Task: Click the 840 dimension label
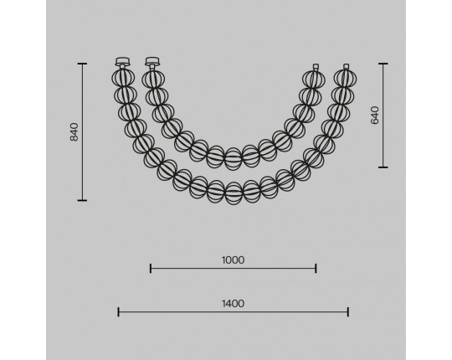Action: click(74, 132)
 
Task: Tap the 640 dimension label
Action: click(374, 115)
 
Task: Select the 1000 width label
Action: click(233, 260)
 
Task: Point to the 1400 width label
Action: click(233, 304)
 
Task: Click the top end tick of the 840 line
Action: click(82, 64)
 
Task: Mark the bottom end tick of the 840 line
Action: click(82, 200)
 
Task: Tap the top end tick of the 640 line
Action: click(383, 64)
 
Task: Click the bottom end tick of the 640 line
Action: click(383, 167)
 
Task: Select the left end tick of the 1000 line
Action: click(151, 269)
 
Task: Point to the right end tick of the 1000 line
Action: click(316, 269)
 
